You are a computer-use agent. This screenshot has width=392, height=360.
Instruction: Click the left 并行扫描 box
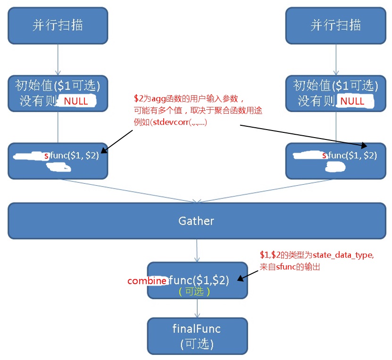pyautogui.click(x=58, y=25)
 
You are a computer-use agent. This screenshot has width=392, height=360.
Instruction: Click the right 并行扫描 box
pyautogui.click(x=336, y=25)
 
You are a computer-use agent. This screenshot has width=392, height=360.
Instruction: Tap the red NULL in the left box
pyautogui.click(x=76, y=101)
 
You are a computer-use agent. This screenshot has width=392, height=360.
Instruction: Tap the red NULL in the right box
pyautogui.click(x=352, y=101)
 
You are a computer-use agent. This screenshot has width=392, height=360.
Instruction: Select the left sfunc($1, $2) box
pyautogui.click(x=58, y=161)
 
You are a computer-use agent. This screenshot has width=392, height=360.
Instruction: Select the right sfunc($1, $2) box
pyautogui.click(x=336, y=161)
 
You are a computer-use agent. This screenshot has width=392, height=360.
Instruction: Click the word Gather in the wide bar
pyautogui.click(x=196, y=221)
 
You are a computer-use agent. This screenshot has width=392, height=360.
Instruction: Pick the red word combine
pyautogui.click(x=147, y=281)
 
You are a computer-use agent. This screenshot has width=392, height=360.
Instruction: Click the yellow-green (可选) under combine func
pyautogui.click(x=194, y=292)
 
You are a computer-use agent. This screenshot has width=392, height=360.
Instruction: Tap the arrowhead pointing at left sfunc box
pyautogui.click(x=104, y=150)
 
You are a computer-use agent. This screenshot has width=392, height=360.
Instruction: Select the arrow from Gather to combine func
pyautogui.click(x=197, y=250)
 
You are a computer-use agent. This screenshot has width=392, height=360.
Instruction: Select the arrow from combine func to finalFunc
pyautogui.click(x=197, y=308)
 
